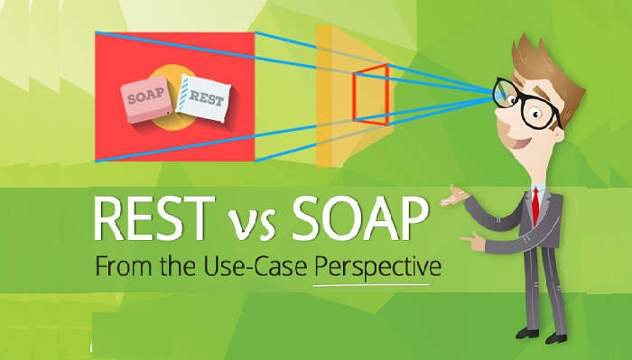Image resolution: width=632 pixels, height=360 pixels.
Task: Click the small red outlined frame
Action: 370,94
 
